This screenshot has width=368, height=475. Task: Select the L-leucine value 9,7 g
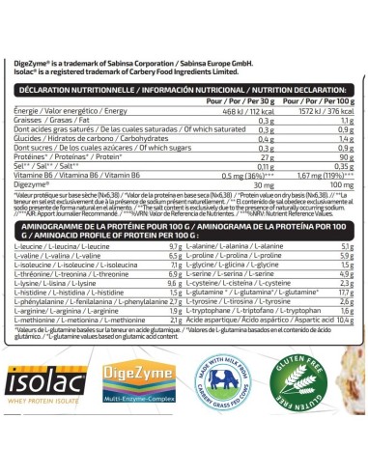click(x=175, y=247)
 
